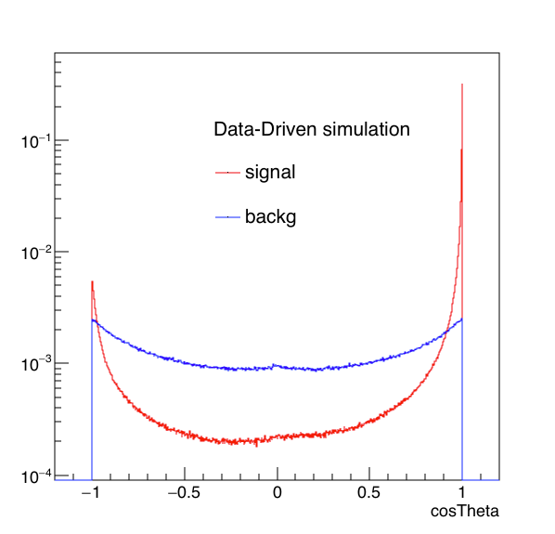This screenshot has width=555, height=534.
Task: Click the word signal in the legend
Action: coord(270,173)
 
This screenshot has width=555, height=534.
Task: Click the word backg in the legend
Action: coord(271,216)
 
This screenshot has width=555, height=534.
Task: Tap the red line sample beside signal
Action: coord(227,173)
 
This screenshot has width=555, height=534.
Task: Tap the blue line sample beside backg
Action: coord(227,216)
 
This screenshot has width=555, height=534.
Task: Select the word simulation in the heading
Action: coord(367,129)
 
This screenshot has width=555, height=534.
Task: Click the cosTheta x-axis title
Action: coord(465,511)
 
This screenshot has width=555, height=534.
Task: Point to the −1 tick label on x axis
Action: coord(91,492)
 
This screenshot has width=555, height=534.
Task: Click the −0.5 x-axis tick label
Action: coord(184,492)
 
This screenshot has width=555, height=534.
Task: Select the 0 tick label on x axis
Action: coord(277,492)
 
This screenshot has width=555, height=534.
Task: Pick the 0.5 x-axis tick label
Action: coord(368,492)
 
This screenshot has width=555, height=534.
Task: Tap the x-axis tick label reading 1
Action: coord(461,492)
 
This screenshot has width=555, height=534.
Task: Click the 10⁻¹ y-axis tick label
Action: coord(36,142)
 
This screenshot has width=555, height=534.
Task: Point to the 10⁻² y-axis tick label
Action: coord(36,253)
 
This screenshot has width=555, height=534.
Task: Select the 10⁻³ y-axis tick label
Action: coord(36,364)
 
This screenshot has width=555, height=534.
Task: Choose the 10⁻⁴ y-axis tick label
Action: coord(36,476)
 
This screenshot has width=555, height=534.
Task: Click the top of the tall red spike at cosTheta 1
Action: coord(462,85)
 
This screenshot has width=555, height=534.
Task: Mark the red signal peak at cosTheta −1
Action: coord(92,281)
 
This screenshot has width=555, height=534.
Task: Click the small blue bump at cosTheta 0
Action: coord(273,364)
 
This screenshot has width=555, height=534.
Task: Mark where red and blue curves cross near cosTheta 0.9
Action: coord(446,332)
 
